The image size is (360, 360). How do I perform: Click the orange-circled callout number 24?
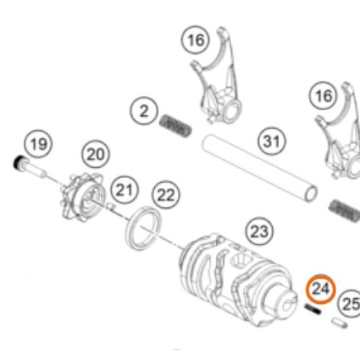coord(321,289)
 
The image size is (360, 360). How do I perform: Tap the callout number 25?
coord(350,304)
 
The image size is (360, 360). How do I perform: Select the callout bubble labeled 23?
coord(259,232)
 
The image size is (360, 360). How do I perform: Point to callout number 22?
coord(166,195)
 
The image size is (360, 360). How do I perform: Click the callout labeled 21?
coord(125,190)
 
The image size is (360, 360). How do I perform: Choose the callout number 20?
coord(96,154)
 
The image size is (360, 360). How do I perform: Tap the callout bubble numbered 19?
coord(38,144)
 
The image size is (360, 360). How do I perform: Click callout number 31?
coord(272,141)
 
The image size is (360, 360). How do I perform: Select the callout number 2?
coord(144,111)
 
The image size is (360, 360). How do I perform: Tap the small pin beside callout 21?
coord(111,206)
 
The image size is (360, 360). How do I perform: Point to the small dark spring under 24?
coord(312,309)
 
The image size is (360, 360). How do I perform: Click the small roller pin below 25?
coord(339,323)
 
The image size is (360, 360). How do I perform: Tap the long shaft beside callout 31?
coord(259,168)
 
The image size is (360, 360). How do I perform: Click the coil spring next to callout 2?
coord(176,126)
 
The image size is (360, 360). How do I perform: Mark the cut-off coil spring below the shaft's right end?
coord(344,211)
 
